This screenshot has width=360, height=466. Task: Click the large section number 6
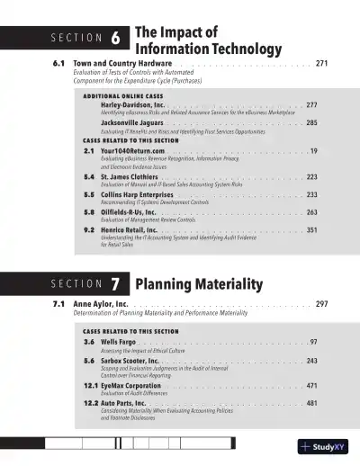(116, 38)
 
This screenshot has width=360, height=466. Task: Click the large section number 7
(116, 285)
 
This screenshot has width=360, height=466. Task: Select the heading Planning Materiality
(199, 285)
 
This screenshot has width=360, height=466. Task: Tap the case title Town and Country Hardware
(122, 64)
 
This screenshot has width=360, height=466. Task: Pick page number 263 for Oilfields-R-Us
(311, 212)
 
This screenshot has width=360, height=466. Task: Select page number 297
(322, 304)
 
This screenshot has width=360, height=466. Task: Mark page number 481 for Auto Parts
(311, 403)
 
